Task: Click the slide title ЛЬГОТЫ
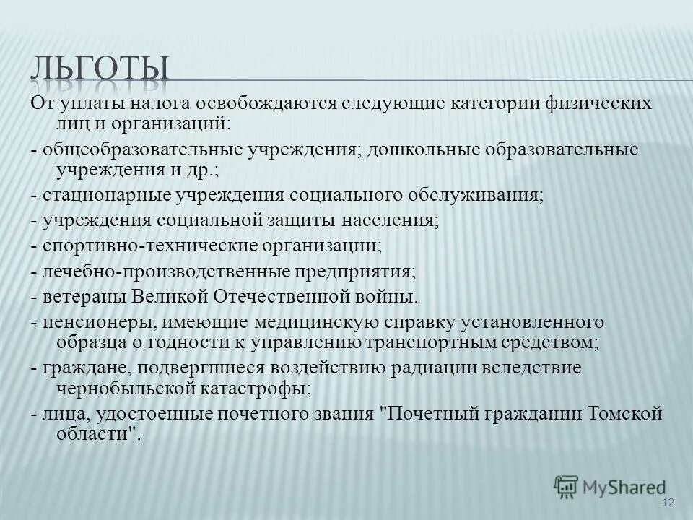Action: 100,67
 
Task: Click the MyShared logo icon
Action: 567,486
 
